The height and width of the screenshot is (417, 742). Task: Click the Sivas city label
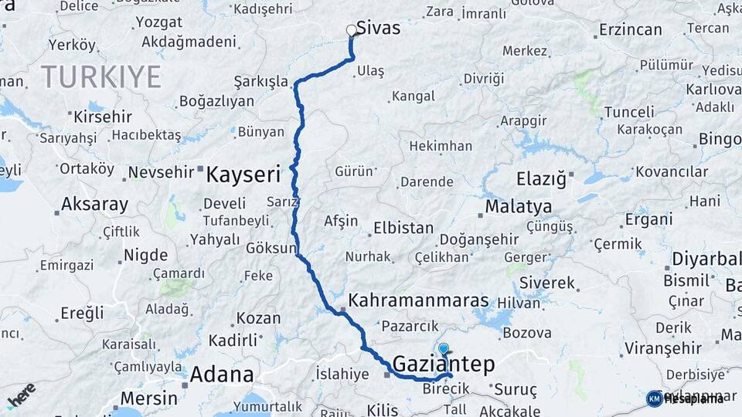[379, 29]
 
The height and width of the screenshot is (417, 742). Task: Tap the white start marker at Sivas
[352, 31]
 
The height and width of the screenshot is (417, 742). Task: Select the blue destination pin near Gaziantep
[444, 350]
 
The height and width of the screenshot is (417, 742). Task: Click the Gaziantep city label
[443, 364]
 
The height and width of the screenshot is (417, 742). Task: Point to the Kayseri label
[243, 175]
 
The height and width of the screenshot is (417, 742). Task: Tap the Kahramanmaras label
[418, 300]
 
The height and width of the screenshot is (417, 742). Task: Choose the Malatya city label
[518, 207]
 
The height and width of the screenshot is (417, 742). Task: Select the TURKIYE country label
[101, 76]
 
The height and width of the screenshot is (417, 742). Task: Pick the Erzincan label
[630, 30]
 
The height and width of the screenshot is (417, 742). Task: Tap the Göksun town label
[271, 249]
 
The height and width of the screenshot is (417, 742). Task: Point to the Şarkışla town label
[261, 82]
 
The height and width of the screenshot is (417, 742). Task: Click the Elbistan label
[403, 229]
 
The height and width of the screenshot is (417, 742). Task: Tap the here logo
[20, 394]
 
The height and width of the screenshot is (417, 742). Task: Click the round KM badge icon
[654, 398]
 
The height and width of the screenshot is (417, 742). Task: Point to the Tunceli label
[628, 112]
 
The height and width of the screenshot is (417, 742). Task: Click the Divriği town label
[483, 79]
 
